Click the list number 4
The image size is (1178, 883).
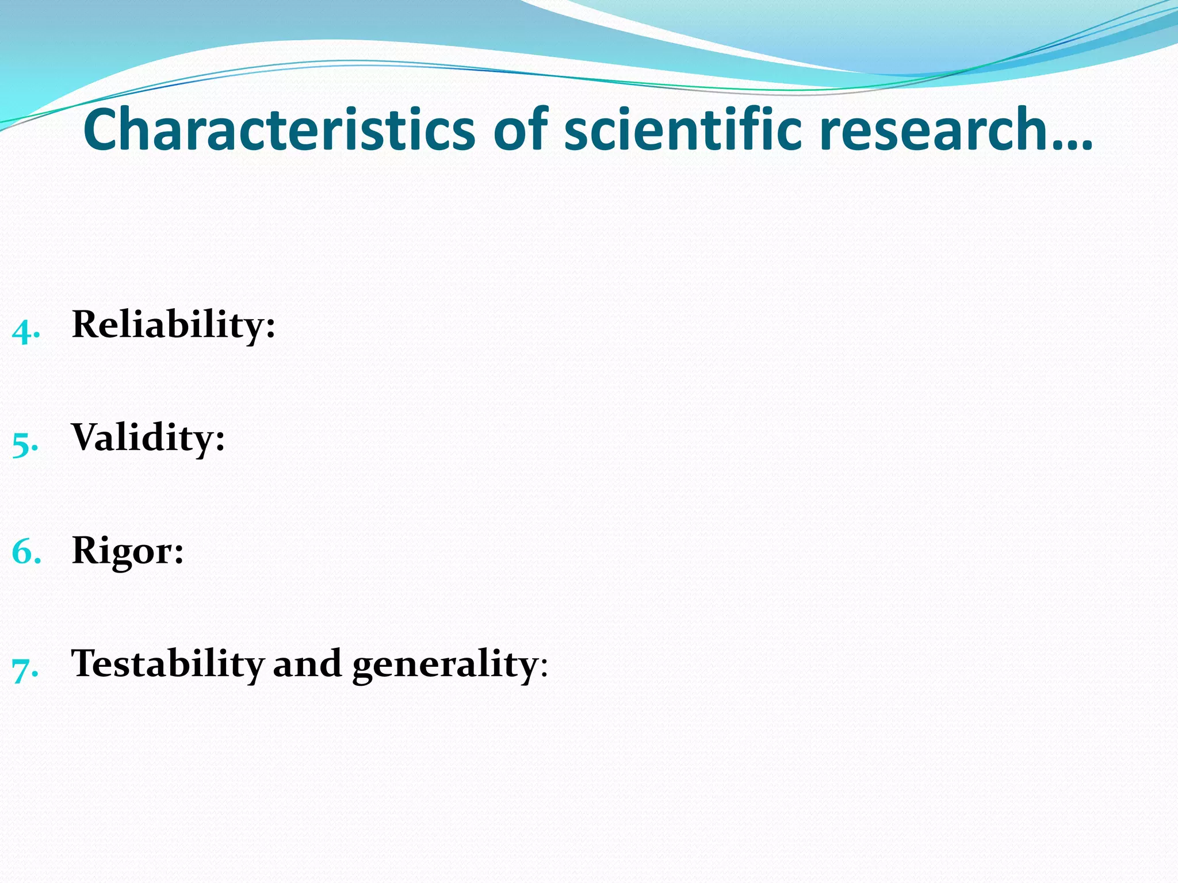(x=25, y=331)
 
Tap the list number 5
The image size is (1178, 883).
(x=25, y=444)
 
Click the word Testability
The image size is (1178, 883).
(x=167, y=664)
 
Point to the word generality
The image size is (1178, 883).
(x=444, y=666)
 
